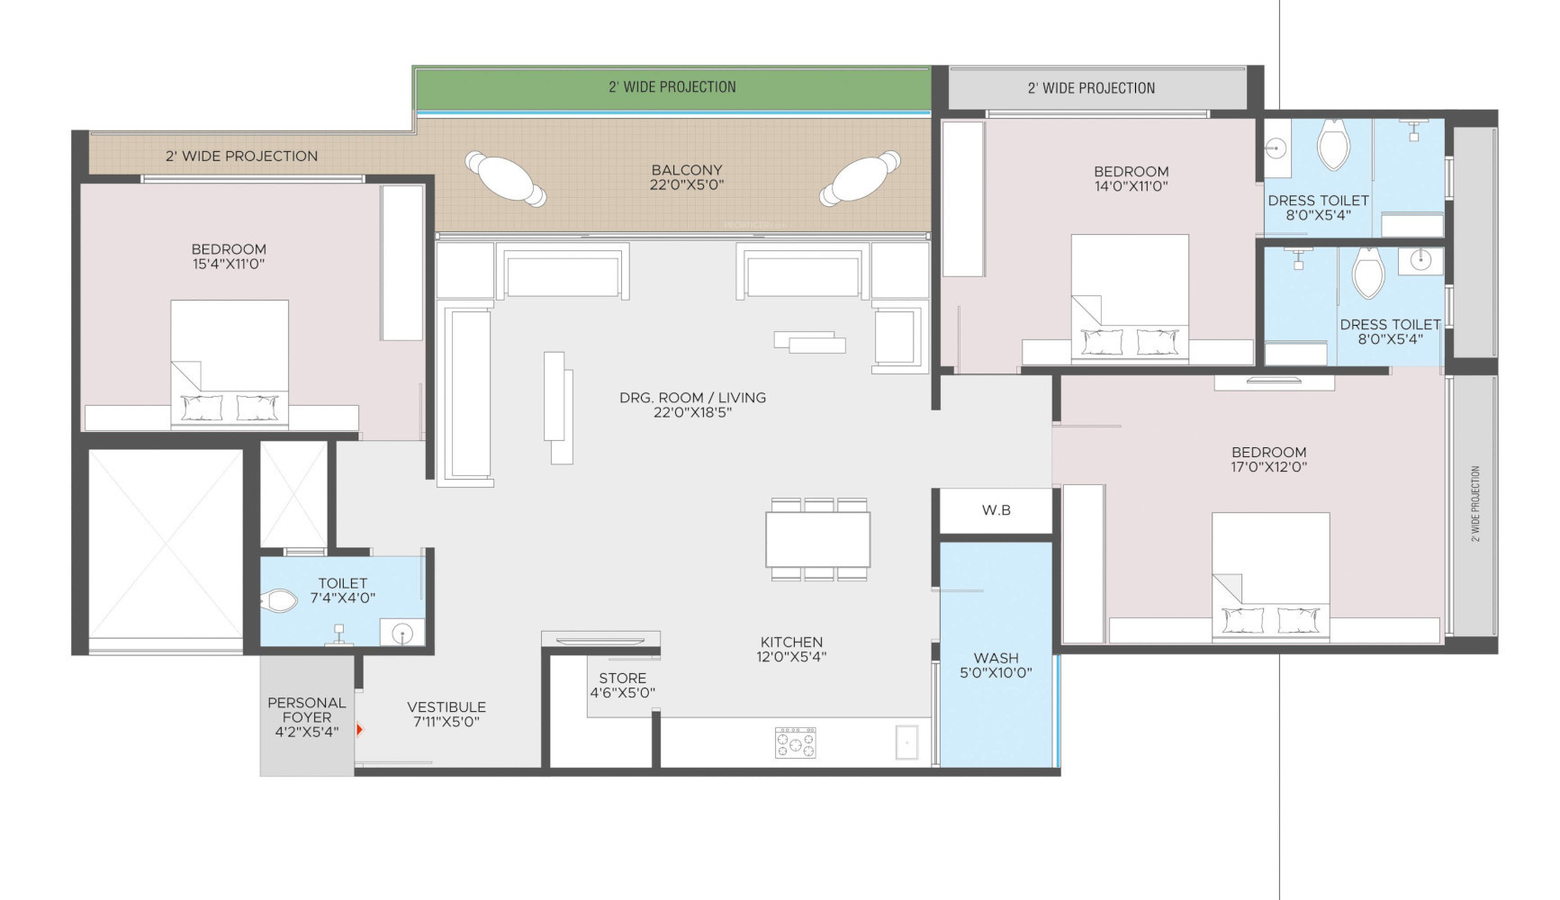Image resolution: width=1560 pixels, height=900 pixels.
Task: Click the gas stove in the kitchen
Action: [x=796, y=742]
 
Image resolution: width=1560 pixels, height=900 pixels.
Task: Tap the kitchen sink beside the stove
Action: [x=906, y=742]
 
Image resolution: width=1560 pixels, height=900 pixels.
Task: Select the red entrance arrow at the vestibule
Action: [x=359, y=730]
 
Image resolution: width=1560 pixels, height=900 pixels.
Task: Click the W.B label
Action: [x=996, y=510]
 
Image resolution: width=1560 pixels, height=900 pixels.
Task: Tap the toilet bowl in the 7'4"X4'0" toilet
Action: [x=280, y=600]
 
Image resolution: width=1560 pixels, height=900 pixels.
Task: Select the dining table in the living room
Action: [x=818, y=539]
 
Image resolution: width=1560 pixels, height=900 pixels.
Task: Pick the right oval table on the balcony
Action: [x=861, y=178]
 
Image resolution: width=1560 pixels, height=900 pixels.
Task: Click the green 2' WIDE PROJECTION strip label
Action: [x=672, y=87]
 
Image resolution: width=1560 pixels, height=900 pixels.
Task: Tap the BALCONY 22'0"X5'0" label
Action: [x=687, y=177]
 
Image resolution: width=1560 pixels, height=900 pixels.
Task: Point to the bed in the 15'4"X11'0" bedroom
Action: [x=230, y=364]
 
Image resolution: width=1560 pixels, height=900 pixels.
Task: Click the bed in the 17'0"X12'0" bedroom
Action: [x=1271, y=578]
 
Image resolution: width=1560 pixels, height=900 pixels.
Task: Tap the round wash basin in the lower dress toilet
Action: [x=1420, y=261]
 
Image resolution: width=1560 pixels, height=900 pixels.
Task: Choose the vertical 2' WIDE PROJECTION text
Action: [x=1475, y=503]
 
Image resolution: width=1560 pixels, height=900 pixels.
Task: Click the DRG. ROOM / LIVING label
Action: [x=692, y=405]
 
